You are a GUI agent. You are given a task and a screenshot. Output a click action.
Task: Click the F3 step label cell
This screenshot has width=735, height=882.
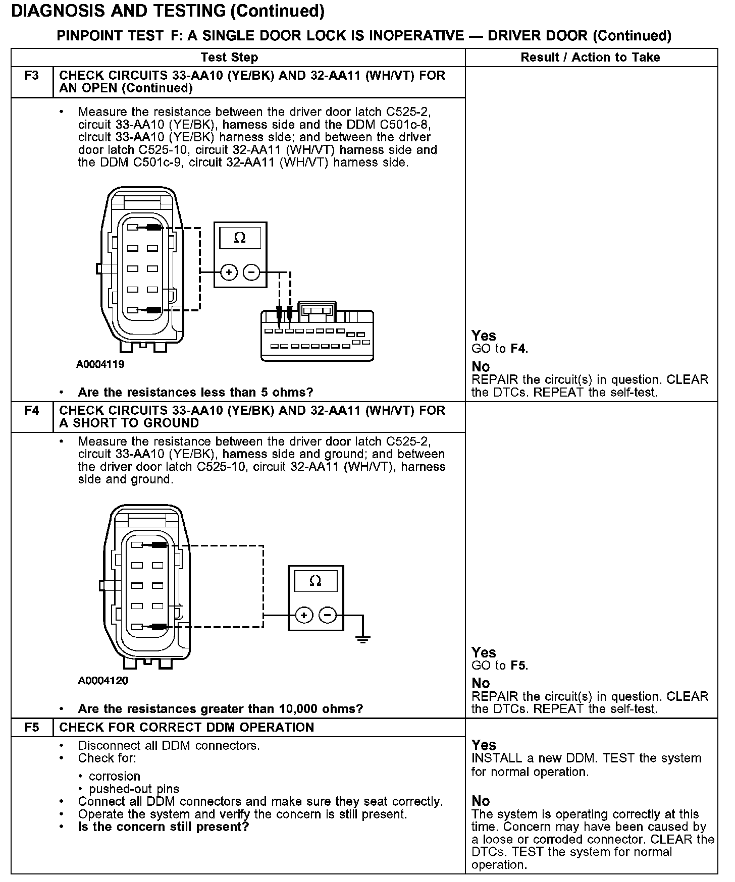(31, 76)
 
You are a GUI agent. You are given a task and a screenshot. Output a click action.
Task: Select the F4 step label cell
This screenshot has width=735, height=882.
(31, 411)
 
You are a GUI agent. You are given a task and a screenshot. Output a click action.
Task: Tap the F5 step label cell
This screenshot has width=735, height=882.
(31, 727)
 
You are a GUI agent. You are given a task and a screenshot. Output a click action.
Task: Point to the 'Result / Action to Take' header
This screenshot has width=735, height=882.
(590, 58)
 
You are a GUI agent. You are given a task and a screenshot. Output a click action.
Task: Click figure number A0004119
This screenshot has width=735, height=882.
(100, 364)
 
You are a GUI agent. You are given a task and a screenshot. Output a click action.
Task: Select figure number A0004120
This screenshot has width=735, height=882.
(103, 681)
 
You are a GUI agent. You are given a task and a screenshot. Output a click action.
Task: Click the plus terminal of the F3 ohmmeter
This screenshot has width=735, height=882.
(229, 272)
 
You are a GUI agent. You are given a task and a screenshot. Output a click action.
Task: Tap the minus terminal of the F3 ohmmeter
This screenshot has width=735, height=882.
(251, 272)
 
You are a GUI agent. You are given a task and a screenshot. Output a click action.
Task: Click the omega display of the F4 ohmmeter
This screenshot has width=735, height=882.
(315, 581)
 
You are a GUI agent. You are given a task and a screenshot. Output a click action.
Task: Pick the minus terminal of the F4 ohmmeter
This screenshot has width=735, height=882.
(328, 615)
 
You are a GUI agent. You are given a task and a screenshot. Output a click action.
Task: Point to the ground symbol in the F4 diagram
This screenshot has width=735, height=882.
(362, 639)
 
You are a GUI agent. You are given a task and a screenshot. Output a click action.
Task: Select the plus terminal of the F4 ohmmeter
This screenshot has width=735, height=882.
(304, 615)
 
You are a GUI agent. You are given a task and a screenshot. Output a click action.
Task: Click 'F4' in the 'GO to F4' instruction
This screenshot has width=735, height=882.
(519, 349)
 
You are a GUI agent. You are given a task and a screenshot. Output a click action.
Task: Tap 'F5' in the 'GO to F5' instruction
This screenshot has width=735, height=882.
(519, 666)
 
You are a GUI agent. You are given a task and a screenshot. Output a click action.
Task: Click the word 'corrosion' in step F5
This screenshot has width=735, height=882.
(115, 776)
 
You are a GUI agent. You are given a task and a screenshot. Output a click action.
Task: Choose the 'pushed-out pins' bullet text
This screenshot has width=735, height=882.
(134, 789)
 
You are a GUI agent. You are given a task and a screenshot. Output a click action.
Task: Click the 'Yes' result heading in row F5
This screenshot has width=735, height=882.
(484, 745)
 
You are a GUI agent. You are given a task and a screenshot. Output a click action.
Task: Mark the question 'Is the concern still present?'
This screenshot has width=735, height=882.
(164, 826)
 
